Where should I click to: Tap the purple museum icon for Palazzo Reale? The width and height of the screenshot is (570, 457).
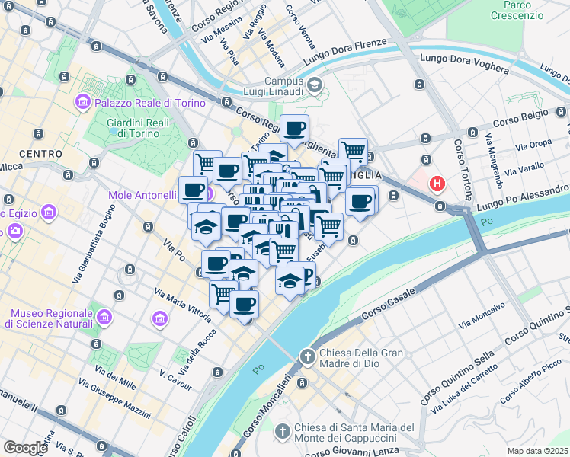point(83,101)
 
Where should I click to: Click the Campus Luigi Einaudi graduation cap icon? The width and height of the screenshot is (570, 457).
point(315,86)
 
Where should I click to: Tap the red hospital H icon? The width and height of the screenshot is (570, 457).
point(437,184)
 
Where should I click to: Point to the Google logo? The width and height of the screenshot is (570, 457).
point(25,448)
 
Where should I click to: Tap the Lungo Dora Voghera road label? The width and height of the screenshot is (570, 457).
point(464,63)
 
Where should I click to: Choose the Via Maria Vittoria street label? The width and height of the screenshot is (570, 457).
point(182,303)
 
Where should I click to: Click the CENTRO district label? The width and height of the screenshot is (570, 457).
point(40,154)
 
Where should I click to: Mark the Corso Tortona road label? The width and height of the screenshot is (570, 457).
point(464,168)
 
